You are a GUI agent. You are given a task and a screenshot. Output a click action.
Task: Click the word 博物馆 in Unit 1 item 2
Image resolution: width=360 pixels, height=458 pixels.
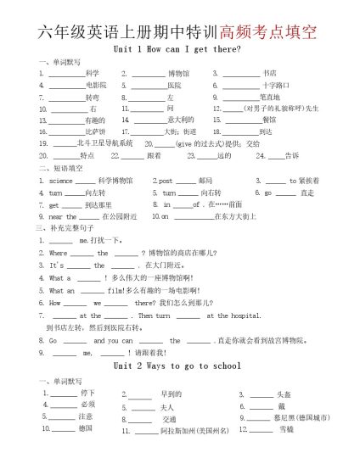coord(179,74)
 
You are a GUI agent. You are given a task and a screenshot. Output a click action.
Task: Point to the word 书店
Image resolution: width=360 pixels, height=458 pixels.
coord(269,74)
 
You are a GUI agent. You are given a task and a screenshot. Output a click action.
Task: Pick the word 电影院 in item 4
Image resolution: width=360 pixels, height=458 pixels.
coord(96,86)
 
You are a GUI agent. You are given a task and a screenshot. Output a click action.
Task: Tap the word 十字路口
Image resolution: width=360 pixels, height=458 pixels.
coord(276,86)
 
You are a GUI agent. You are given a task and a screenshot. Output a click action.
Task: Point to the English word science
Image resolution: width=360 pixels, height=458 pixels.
coord(61,181)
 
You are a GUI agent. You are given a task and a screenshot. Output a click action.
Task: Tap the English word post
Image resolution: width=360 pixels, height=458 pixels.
coord(166,181)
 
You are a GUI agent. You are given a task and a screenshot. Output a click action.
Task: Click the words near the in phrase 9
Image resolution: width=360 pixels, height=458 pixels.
coord(63,216)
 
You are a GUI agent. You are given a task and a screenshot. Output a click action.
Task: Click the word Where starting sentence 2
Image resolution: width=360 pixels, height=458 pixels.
coord(59,253)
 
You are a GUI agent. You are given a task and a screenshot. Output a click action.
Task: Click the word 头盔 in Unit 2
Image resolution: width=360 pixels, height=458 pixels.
coord(284,394)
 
